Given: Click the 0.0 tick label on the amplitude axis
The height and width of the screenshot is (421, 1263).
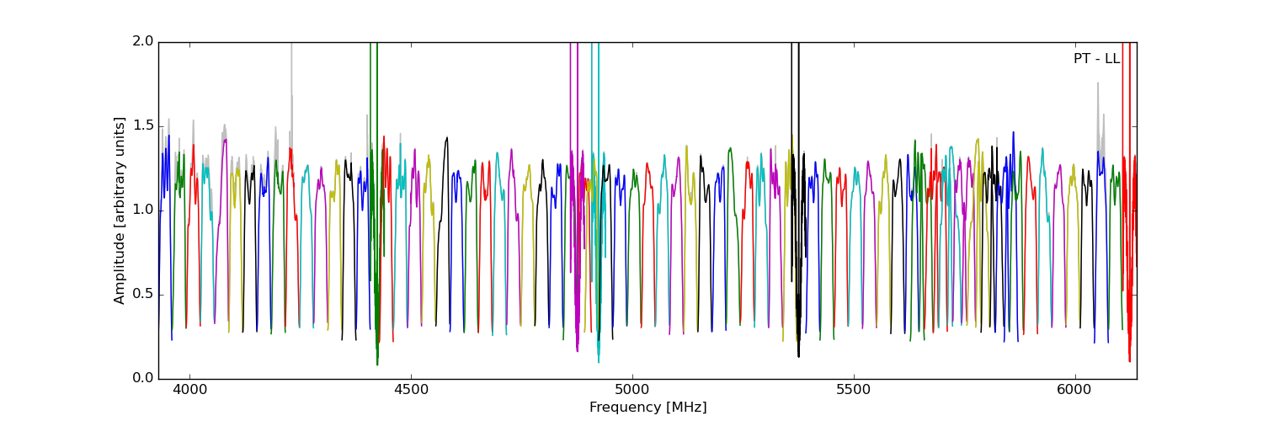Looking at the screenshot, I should click(x=144, y=378).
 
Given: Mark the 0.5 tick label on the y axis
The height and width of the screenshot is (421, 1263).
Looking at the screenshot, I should click(x=144, y=294).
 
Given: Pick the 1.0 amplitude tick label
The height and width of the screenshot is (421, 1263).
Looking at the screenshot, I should click(x=144, y=210).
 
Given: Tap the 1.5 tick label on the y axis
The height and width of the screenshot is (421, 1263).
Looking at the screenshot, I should click(x=144, y=125).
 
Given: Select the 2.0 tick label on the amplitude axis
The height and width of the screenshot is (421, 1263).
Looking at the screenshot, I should click(x=144, y=42).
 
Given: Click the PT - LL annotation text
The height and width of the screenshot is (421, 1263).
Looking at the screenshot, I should click(x=1096, y=59).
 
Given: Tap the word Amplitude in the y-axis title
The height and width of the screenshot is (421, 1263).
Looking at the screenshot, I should click(x=120, y=269).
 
